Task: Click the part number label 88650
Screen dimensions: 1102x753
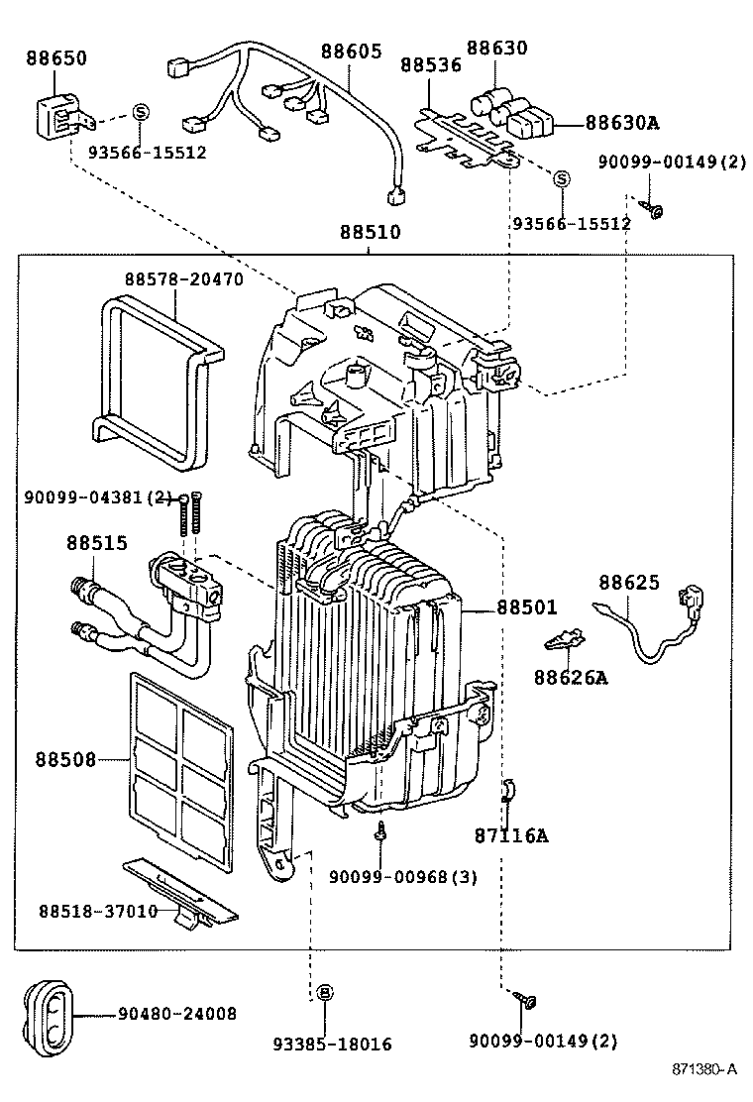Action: click(55, 58)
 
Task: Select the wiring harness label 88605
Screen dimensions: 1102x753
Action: click(350, 51)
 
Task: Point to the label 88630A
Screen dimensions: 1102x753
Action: click(621, 123)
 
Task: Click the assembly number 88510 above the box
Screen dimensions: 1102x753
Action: click(370, 233)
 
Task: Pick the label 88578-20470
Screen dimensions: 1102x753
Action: click(183, 280)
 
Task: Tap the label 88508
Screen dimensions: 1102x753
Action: click(66, 760)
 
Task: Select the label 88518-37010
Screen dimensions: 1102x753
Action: click(98, 911)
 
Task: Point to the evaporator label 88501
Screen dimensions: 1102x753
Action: click(526, 607)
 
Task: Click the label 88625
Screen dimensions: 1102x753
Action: click(628, 584)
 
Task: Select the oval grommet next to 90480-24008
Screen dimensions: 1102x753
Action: click(47, 1014)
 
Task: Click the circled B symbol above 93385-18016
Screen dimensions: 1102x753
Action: click(324, 992)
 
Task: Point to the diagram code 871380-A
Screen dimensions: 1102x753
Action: click(704, 1069)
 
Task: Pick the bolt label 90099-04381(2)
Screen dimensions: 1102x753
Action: click(98, 497)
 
